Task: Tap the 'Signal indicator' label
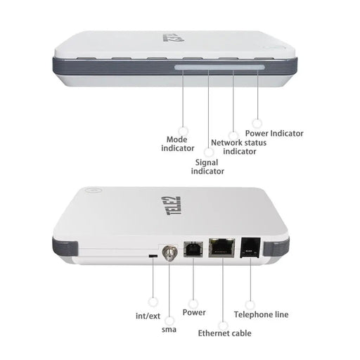[x=209, y=166]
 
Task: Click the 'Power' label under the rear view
[x=194, y=312]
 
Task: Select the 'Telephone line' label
[x=261, y=314]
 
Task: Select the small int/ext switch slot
[x=153, y=257]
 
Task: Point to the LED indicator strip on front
[x=219, y=68]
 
